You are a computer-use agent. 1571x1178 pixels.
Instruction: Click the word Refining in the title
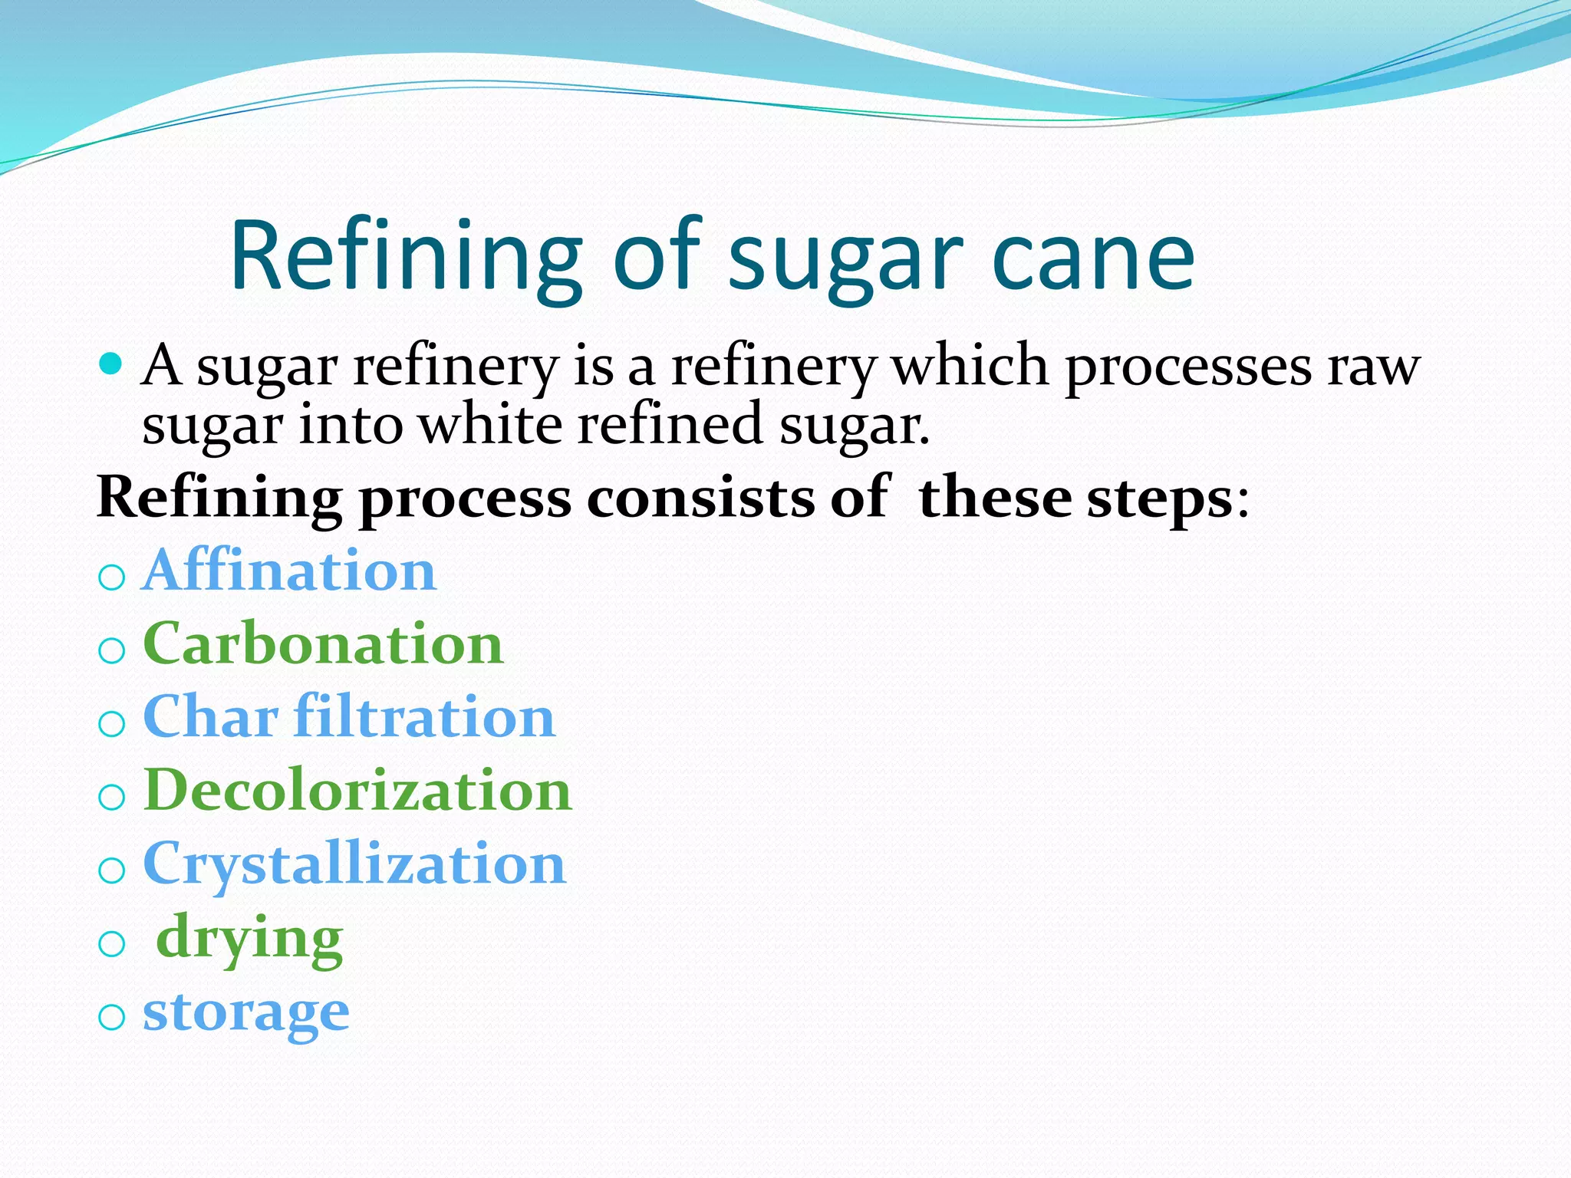point(405,257)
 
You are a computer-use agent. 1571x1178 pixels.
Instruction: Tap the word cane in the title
point(1092,257)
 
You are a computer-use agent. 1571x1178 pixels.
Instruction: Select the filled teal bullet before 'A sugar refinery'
point(111,363)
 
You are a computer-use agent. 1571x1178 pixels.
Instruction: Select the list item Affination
point(290,571)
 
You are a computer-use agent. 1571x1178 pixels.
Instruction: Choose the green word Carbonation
point(323,643)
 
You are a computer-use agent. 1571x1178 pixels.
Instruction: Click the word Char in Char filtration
point(210,716)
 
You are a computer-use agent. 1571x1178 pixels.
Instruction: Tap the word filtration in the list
point(424,716)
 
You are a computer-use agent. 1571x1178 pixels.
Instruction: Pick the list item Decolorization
point(357,790)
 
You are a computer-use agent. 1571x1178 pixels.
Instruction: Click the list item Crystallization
point(354,864)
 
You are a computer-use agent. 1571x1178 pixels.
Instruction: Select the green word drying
point(249,937)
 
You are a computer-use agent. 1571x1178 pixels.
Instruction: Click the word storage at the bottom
point(246,1011)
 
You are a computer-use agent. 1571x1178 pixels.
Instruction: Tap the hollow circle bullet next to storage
point(112,1017)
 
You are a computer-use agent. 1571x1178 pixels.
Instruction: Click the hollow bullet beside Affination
point(112,577)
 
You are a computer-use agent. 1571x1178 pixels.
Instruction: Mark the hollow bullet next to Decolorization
point(112,797)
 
